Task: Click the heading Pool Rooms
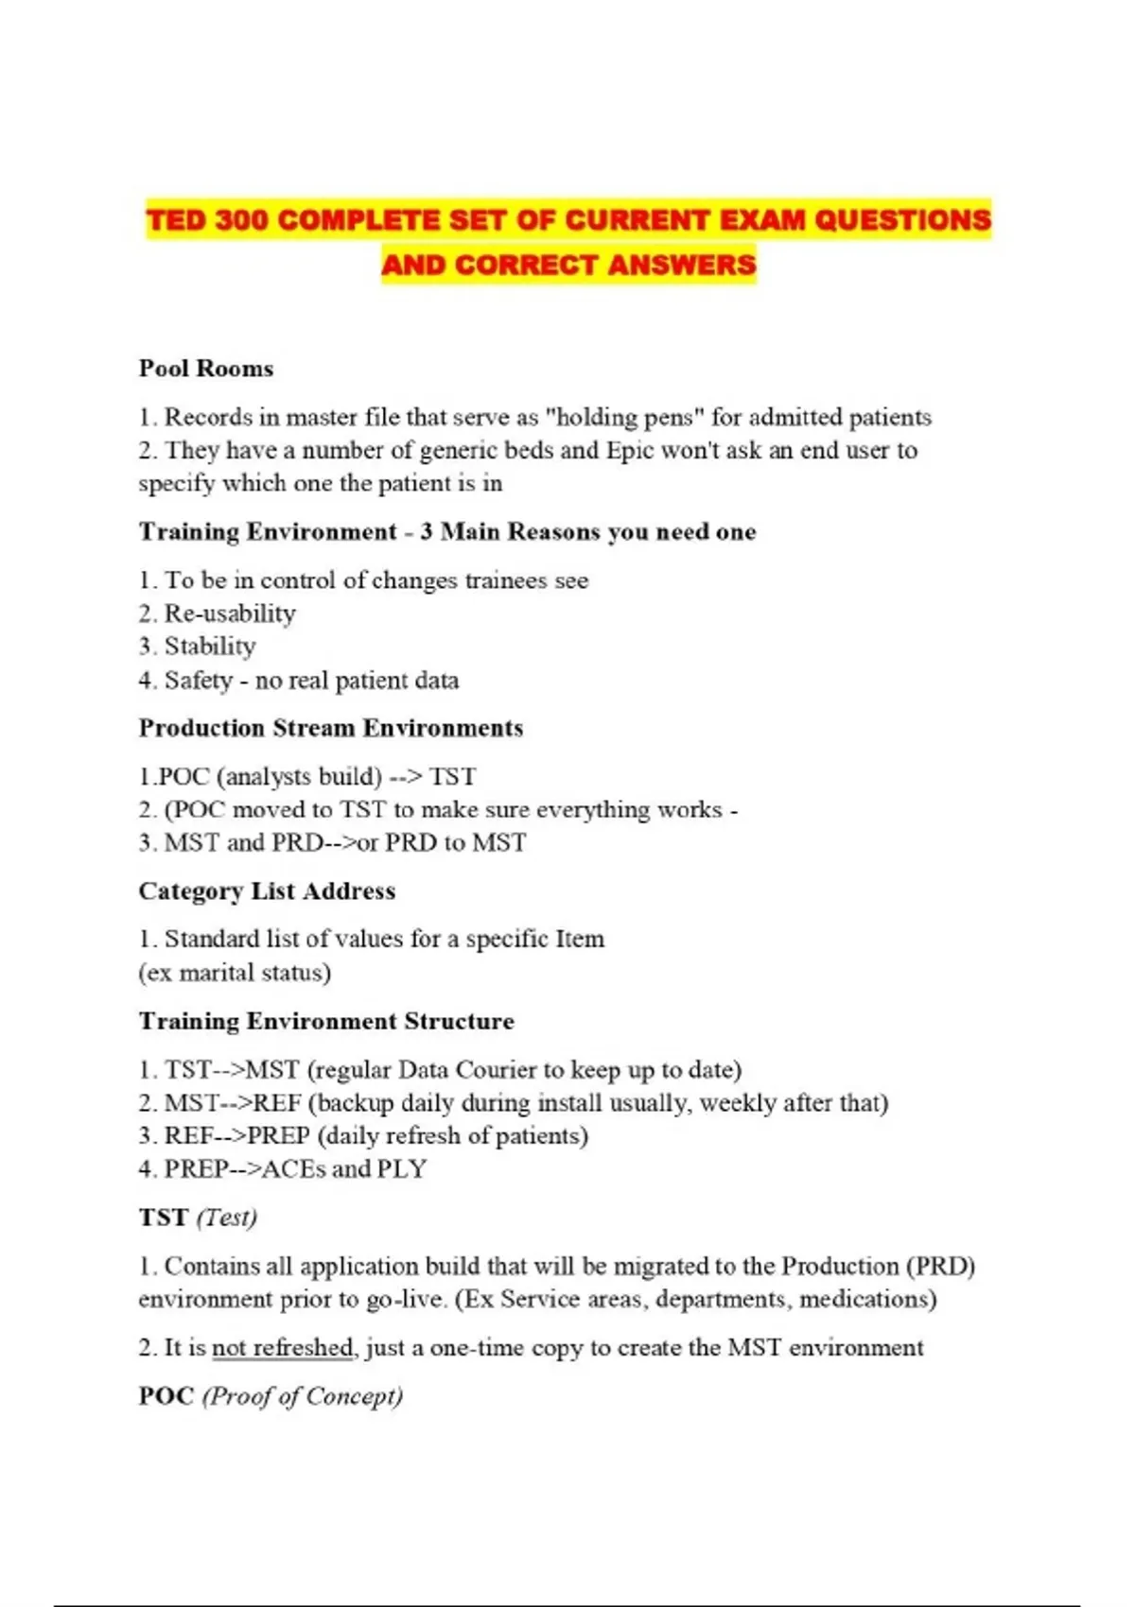(206, 368)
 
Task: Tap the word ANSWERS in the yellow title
(681, 265)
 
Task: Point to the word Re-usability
(230, 613)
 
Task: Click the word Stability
(210, 647)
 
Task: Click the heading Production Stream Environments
(331, 728)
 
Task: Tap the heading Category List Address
(267, 890)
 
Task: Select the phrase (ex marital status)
(235, 973)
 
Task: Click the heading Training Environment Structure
(326, 1021)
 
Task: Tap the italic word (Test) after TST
(227, 1218)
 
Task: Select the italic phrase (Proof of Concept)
(303, 1396)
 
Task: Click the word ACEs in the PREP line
(293, 1169)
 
